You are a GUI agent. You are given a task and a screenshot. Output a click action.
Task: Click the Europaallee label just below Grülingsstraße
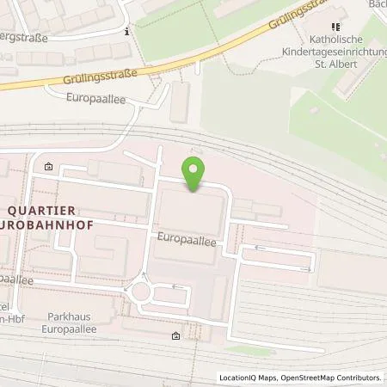[95, 98]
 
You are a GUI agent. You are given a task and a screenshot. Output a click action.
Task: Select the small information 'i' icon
[127, 32]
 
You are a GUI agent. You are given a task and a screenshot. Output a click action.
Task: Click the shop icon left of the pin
[48, 167]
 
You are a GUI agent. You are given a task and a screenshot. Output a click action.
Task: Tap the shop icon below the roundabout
[176, 335]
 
